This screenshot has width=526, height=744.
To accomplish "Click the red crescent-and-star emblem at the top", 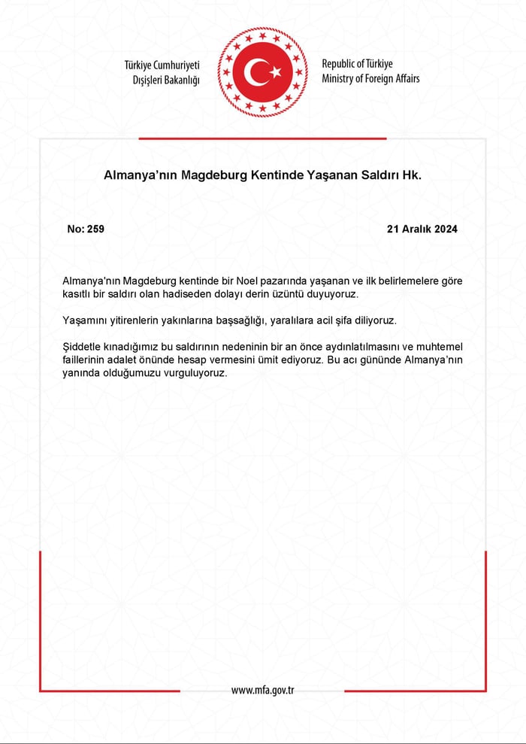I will pos(263,71).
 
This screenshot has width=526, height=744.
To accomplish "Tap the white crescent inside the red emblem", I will pos(255,72).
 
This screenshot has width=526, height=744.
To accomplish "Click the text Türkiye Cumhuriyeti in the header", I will pos(162,65).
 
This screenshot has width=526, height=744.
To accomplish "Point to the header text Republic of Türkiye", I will pos(357,64).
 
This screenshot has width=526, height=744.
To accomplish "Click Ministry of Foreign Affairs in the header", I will pos(370,78).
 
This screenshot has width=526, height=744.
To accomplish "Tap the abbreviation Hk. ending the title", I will pos(412,175).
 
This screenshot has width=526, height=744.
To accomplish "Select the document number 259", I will pos(95,229).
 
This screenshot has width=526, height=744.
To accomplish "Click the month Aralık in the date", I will pos(418,229).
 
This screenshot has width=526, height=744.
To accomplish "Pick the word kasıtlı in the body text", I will pos(78,293).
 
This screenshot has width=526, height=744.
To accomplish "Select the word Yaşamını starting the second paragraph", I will pos(86,320).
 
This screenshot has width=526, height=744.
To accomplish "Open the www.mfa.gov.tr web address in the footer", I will pos(262,690).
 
